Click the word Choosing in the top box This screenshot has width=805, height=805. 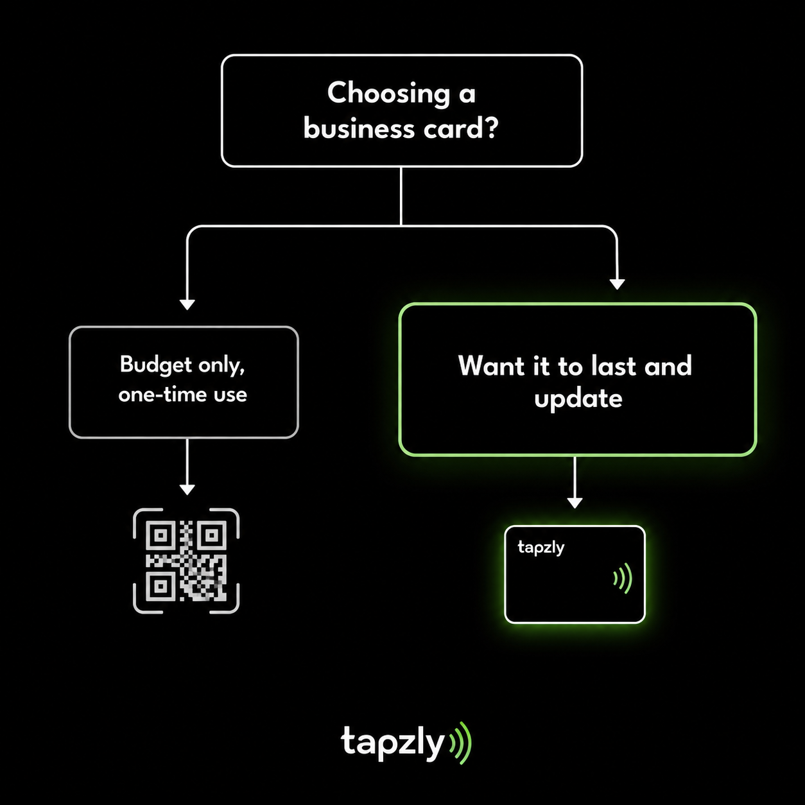pos(388,94)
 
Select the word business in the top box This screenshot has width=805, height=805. pos(359,128)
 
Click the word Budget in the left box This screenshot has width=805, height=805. pos(156,365)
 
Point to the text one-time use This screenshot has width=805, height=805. pos(182,395)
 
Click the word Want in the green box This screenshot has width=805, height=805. pos(491,366)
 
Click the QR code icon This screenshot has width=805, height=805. pos(186,560)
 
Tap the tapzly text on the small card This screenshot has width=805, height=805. pos(541,548)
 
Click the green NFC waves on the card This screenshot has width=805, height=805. pos(623,578)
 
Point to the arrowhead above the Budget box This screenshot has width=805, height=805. pos(187,304)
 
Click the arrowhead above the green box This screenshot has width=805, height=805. pos(617,284)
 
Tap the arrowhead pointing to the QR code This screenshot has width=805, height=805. pos(187,490)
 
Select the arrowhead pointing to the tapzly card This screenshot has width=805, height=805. pos(575,503)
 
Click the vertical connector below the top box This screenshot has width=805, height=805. pos(401,196)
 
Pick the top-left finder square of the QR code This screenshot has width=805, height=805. pos(161,535)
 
